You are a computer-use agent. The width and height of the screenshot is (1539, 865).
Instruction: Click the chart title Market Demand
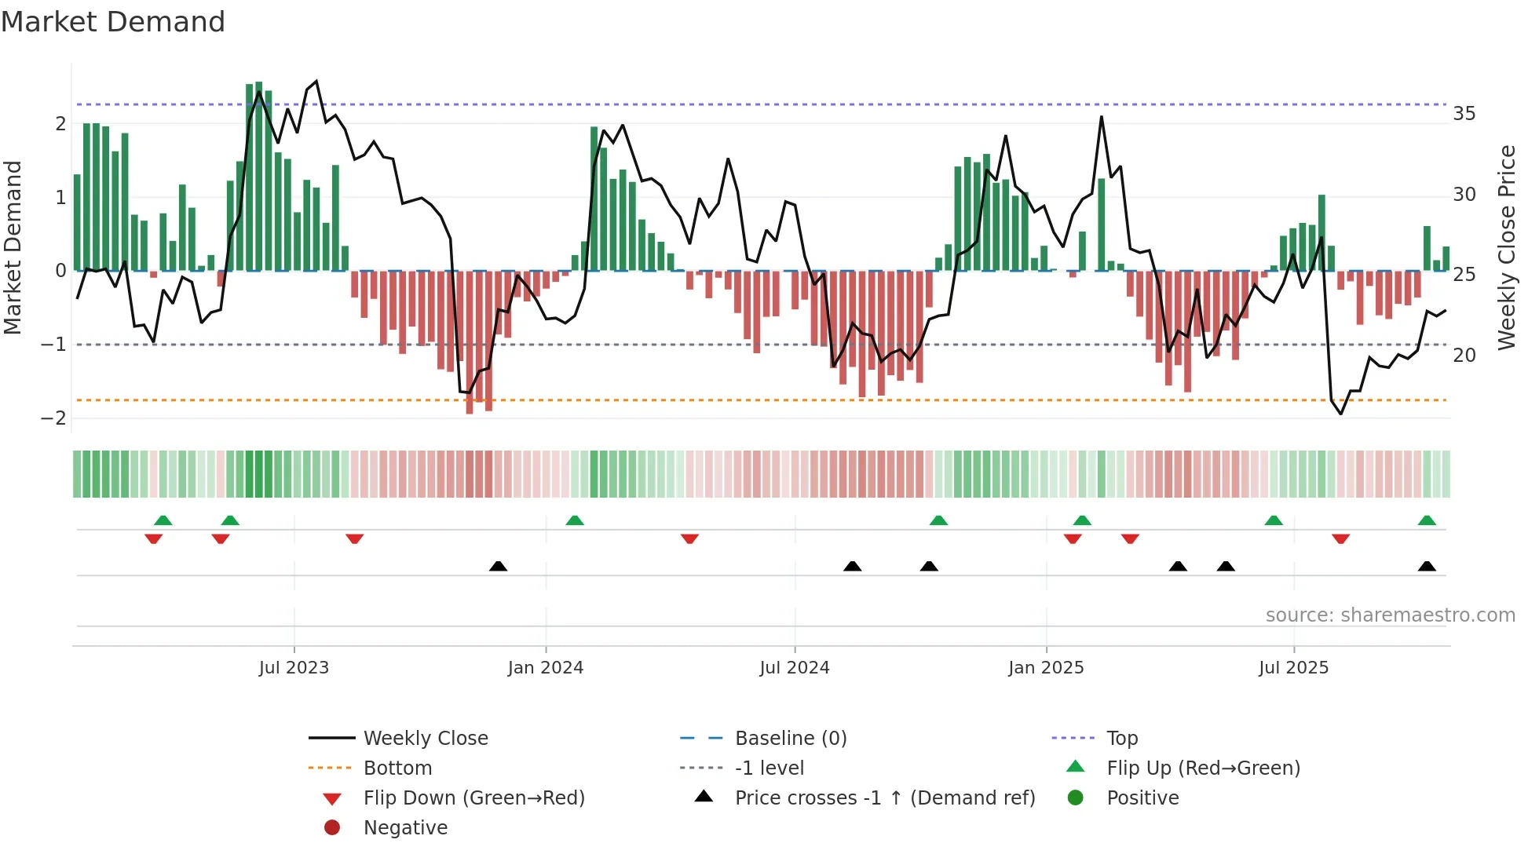tap(113, 22)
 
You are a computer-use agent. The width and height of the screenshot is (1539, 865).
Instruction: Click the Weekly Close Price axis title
tap(1506, 247)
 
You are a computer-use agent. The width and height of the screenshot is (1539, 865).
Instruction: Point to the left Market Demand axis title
tap(13, 247)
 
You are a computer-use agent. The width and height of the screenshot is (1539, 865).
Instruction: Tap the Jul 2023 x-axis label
tap(294, 668)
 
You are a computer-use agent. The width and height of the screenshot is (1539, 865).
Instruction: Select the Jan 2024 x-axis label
tap(545, 668)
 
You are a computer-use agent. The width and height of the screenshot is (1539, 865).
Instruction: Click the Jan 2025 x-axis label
tap(1046, 668)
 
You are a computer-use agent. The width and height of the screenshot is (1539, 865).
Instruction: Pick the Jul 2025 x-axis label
tap(1293, 668)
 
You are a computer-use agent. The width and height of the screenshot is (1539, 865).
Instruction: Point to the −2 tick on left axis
tap(53, 418)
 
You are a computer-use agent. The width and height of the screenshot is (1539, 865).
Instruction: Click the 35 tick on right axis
tap(1464, 114)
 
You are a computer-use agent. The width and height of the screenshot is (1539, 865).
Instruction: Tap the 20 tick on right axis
tap(1464, 356)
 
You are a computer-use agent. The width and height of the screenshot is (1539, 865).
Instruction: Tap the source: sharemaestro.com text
tap(1390, 615)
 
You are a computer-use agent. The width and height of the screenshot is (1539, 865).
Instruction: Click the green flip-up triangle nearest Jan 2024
tap(575, 520)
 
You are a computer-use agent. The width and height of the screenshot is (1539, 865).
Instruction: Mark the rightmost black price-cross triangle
tap(1427, 567)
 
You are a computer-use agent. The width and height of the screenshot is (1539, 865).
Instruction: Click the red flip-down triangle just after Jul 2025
tap(1340, 538)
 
